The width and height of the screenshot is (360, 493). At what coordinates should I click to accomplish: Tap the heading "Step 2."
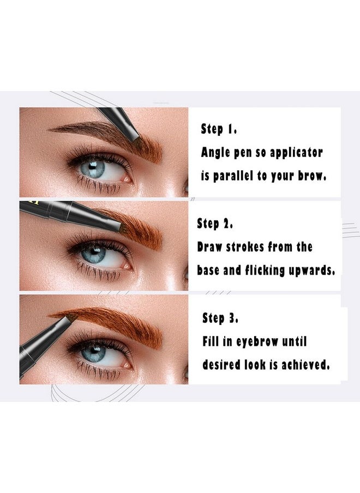tap(214, 224)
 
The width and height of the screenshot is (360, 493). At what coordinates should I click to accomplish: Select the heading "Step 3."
tap(220, 317)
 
